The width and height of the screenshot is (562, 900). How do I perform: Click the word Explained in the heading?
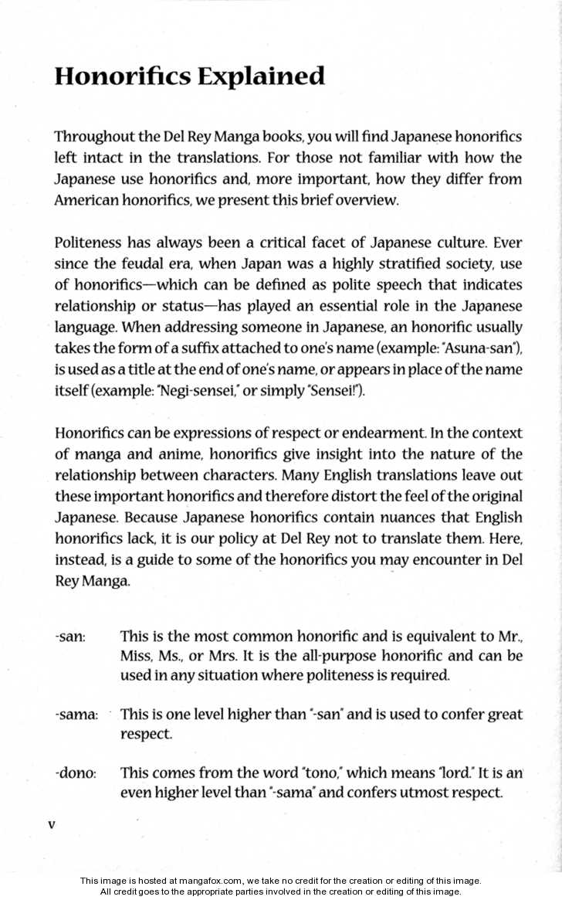261,76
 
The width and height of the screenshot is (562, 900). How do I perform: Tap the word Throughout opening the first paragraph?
92,138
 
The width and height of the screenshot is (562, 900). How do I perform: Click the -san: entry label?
70,637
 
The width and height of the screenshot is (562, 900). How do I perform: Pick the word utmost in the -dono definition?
411,793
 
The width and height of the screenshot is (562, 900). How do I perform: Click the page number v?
51,825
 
